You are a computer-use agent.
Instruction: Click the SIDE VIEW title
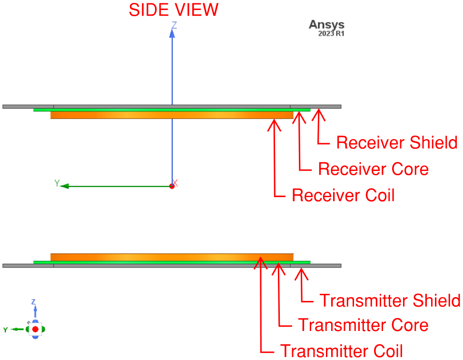pyautogui.click(x=174, y=10)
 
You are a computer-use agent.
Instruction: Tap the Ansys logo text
pyautogui.click(x=326, y=25)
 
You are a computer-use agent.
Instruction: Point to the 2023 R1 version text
pyautogui.click(x=331, y=34)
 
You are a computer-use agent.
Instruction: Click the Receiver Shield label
pyautogui.click(x=396, y=142)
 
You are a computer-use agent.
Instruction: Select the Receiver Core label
pyautogui.click(x=373, y=169)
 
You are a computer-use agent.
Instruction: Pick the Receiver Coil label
pyautogui.click(x=343, y=195)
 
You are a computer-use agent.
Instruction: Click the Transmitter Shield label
pyautogui.click(x=389, y=300)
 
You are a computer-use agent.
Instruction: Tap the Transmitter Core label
pyautogui.click(x=363, y=325)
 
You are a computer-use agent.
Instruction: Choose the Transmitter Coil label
pyautogui.click(x=341, y=350)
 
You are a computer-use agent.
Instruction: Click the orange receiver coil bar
pyautogui.click(x=171, y=115)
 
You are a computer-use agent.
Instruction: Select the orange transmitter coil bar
pyautogui.click(x=171, y=257)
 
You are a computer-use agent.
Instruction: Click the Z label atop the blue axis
pyautogui.click(x=174, y=25)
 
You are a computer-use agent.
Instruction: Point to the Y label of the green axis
pyautogui.click(x=57, y=183)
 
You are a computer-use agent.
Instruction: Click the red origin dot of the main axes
pyautogui.click(x=172, y=186)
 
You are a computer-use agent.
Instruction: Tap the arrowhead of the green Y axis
pyautogui.click(x=65, y=186)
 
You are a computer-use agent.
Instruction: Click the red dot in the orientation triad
pyautogui.click(x=35, y=329)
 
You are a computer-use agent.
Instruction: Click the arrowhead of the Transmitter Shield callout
pyautogui.click(x=301, y=270)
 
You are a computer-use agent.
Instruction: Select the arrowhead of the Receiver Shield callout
pyautogui.click(x=318, y=111)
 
